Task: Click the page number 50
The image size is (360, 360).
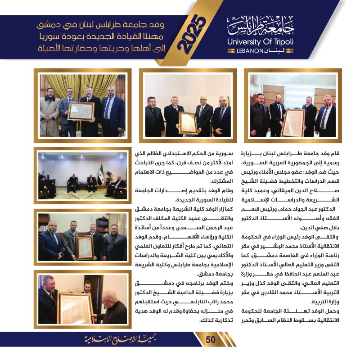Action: pos(211,340)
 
